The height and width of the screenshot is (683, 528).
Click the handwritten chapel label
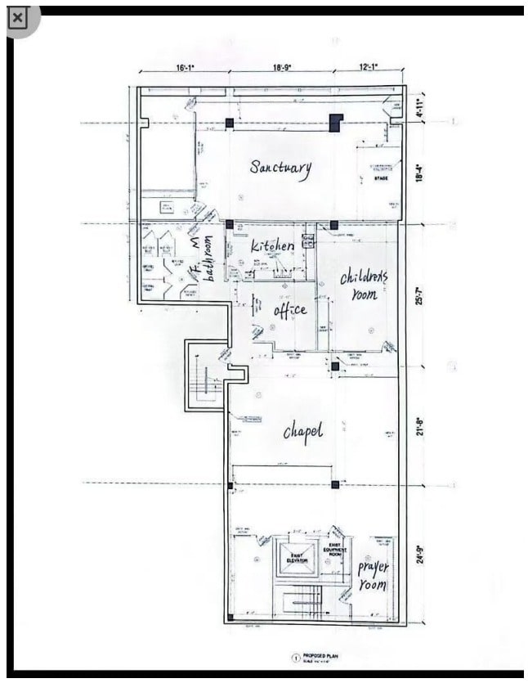pos(303,431)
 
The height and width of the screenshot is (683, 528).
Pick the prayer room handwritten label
pos(373,576)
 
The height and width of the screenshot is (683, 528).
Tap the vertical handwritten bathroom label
pos(208,259)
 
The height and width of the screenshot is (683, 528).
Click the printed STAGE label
pos(381,178)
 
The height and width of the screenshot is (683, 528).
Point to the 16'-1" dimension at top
pos(185,70)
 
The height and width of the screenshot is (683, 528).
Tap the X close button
pos(18,18)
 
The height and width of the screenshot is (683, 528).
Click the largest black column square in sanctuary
pos(335,123)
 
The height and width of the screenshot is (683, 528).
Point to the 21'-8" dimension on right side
pos(420,428)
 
